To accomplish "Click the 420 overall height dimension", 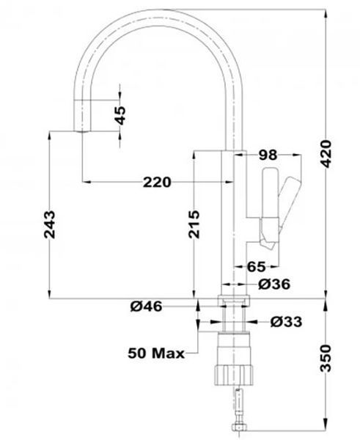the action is (326, 154).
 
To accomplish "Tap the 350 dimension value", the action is (326, 359).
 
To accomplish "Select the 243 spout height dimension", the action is (50, 224).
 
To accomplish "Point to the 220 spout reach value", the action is (157, 182).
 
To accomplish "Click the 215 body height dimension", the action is (194, 224).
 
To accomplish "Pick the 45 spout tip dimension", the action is (120, 115).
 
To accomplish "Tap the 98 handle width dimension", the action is (268, 155).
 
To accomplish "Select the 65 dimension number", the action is (256, 267).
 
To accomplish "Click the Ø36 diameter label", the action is (274, 285).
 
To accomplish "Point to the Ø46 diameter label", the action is (146, 306).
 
